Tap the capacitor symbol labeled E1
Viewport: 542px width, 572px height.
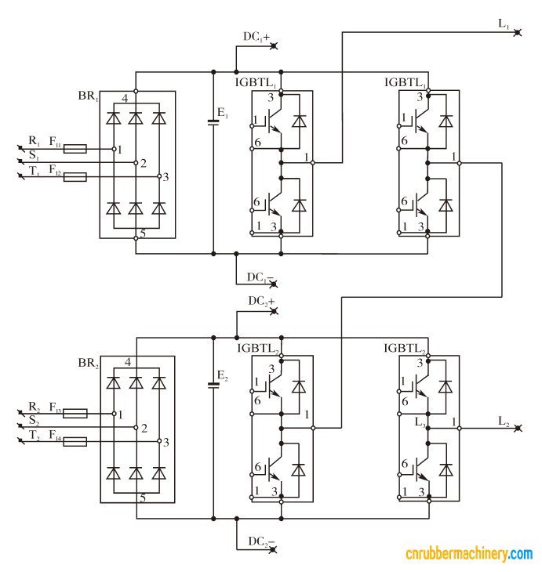[x=213, y=121]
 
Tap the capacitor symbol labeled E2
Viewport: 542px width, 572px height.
[x=213, y=384]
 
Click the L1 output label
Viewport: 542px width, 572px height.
[x=504, y=24]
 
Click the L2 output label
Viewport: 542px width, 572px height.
[x=504, y=422]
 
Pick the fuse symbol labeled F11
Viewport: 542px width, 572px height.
[x=75, y=148]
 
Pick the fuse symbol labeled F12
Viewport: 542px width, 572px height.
[x=75, y=178]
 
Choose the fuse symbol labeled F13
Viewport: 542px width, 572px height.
[x=75, y=413]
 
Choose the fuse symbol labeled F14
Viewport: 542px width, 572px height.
[x=75, y=442]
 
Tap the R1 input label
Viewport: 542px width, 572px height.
[x=34, y=141]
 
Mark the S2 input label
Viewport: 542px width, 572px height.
[x=34, y=422]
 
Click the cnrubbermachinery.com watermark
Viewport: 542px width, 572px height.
[x=468, y=555]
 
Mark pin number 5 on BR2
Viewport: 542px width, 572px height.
[x=142, y=498]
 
